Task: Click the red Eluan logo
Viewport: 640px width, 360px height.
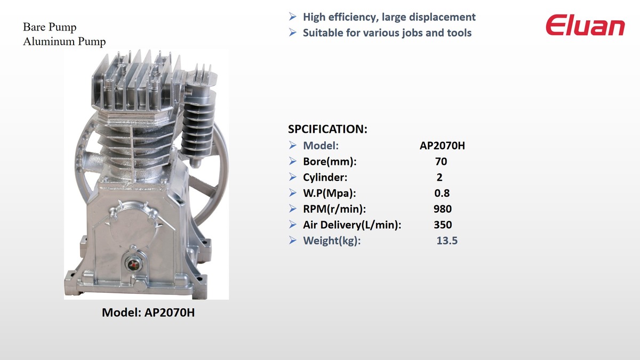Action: coord(585,25)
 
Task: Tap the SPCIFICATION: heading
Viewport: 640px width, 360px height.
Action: coord(327,129)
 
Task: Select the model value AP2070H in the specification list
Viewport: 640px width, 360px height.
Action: coord(442,146)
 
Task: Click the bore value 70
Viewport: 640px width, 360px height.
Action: coord(441,162)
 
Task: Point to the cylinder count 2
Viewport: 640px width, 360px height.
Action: coord(439,178)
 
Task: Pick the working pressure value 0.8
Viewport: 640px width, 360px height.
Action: coord(442,193)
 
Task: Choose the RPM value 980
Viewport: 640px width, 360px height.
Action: coord(443,209)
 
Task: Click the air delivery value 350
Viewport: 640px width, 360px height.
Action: coord(443,225)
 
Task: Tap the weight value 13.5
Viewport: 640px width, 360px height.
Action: coord(447,241)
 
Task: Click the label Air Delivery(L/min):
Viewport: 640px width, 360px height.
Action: coord(352,225)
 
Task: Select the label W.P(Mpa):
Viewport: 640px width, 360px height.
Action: coord(330,194)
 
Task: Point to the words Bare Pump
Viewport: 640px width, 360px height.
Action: coord(50,27)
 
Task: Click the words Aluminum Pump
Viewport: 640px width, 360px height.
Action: coord(65,42)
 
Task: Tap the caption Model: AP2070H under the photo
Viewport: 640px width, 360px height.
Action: coord(148,313)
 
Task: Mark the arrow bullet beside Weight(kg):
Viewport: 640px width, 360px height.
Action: coord(293,241)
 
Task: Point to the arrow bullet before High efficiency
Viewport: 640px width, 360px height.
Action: coord(293,17)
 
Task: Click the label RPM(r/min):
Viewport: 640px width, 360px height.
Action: coord(334,209)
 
